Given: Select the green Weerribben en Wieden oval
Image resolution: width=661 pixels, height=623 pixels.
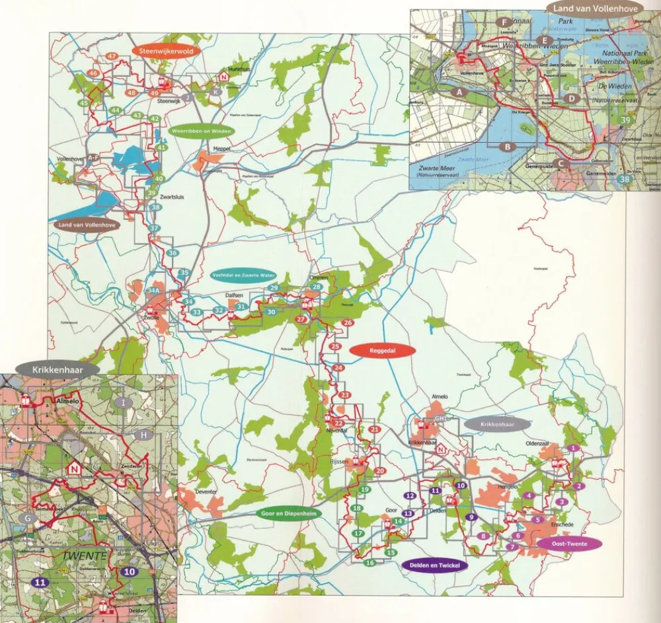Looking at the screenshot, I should click(x=202, y=131).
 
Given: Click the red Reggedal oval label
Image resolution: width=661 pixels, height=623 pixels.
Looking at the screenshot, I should click(x=381, y=351).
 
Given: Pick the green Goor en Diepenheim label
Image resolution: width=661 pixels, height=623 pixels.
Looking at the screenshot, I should click(x=286, y=513).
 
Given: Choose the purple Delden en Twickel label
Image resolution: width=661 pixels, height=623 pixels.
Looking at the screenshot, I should click(x=434, y=566).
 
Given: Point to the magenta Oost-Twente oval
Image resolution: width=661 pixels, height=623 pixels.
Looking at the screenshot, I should click(x=570, y=544).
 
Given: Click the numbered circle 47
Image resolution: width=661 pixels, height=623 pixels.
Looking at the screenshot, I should click(x=112, y=56).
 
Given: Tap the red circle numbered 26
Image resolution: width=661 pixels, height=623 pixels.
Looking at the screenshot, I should click(x=348, y=322).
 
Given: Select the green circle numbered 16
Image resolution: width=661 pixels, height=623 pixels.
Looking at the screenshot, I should click(x=369, y=563).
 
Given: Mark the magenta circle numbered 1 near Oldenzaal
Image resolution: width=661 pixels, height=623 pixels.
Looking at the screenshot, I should click(x=574, y=448).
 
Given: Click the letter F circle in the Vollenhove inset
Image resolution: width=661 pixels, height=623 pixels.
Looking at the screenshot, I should click(x=503, y=22).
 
